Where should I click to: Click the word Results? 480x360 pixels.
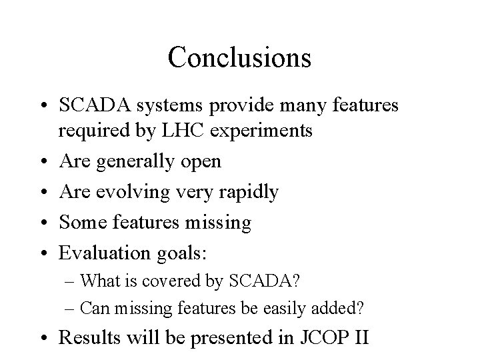coord(87,338)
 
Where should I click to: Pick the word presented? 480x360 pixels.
coord(222,338)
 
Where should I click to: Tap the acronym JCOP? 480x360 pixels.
coord(315,338)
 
